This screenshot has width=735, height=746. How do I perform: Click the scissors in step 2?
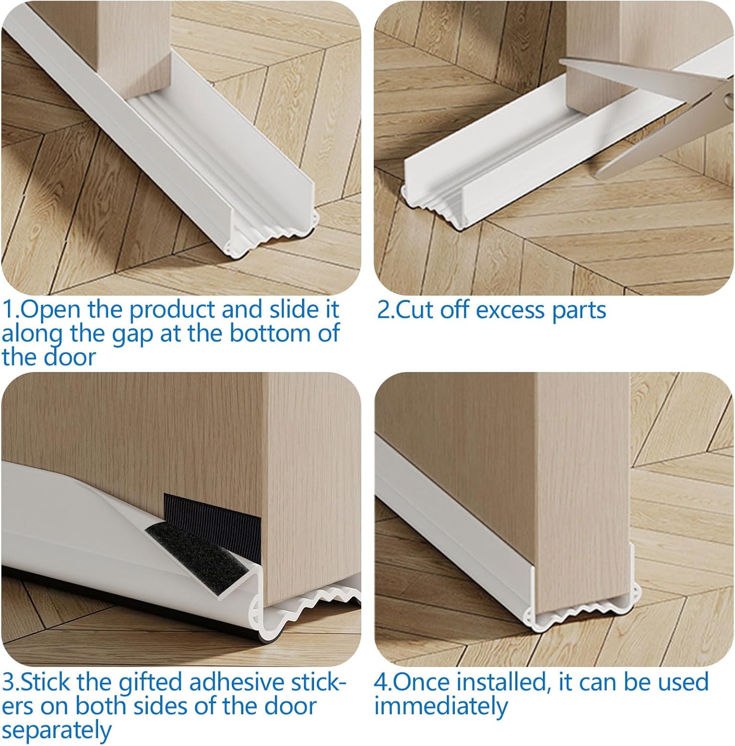662,114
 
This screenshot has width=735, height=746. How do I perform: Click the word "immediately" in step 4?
441,706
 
